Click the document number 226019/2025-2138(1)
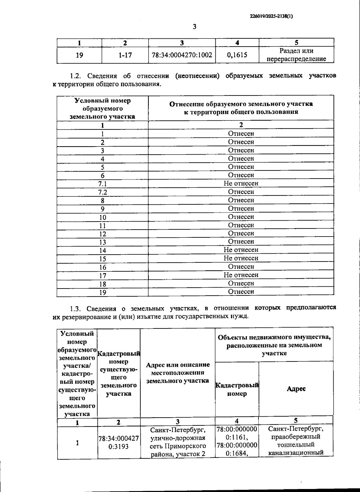(x=271, y=17)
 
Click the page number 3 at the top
(x=194, y=27)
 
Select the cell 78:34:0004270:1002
(x=182, y=55)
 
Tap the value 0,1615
(x=237, y=55)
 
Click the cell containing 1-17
(x=125, y=55)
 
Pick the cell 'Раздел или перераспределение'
(x=296, y=55)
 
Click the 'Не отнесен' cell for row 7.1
(x=241, y=183)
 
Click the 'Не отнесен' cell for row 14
(x=241, y=250)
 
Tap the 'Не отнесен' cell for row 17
(x=241, y=275)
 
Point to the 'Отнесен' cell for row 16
(x=241, y=267)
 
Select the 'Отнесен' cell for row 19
(x=241, y=291)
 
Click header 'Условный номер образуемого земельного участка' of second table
(x=102, y=108)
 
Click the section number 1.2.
(x=76, y=76)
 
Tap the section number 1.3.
(x=76, y=309)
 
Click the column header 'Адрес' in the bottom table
(x=296, y=389)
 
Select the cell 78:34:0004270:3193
(x=118, y=442)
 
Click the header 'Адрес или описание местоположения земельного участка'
(x=177, y=373)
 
